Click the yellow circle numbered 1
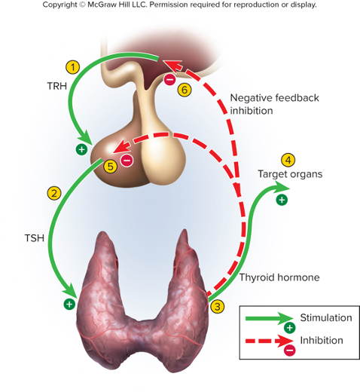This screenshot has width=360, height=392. [x=73, y=67]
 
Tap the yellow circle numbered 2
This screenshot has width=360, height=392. [x=54, y=193]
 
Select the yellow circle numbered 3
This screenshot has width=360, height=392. [x=218, y=307]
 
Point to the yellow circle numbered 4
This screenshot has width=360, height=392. [x=288, y=160]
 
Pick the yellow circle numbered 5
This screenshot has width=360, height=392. [x=111, y=167]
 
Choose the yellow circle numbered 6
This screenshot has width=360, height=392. [x=185, y=90]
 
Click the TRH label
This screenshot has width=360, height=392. [x=57, y=86]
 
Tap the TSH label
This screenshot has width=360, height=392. [x=35, y=238]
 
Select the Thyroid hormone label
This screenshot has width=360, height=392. [x=279, y=277]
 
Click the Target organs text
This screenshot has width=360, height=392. [x=290, y=174]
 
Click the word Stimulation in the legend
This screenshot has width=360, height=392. [x=326, y=317]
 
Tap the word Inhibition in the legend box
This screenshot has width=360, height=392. [x=322, y=340]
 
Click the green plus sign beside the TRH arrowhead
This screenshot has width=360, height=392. [x=81, y=150]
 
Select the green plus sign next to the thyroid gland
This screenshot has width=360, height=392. [x=69, y=305]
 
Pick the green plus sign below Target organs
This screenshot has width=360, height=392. [x=282, y=200]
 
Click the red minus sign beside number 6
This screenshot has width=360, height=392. [x=169, y=80]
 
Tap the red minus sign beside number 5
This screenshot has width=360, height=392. [x=127, y=160]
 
